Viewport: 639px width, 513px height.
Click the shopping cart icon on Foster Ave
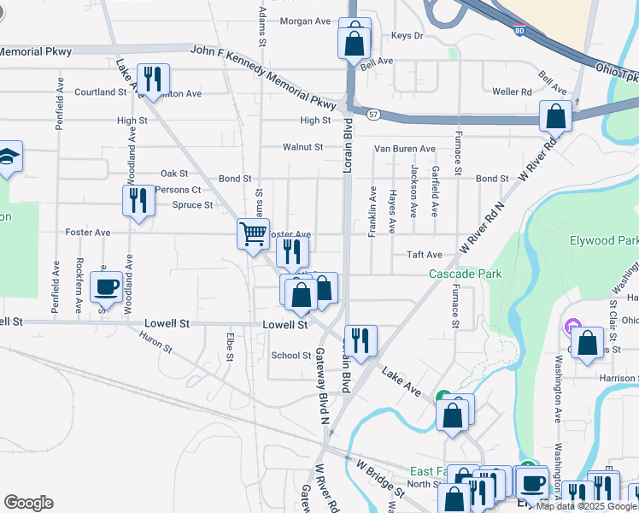(253, 233)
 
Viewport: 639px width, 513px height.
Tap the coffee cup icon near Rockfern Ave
(107, 286)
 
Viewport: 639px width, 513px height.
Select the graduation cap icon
(9, 156)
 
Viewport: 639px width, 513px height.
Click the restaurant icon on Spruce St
(138, 200)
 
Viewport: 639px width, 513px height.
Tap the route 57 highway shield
(374, 113)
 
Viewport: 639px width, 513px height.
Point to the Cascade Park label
(465, 274)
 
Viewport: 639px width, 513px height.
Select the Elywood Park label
(603, 240)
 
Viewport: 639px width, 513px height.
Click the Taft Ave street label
(425, 255)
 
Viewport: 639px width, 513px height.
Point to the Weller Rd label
(512, 91)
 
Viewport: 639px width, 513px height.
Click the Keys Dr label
(407, 36)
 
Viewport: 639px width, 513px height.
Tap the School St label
(290, 356)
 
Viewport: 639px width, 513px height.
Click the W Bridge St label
(380, 479)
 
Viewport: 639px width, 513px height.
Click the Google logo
(28, 503)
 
